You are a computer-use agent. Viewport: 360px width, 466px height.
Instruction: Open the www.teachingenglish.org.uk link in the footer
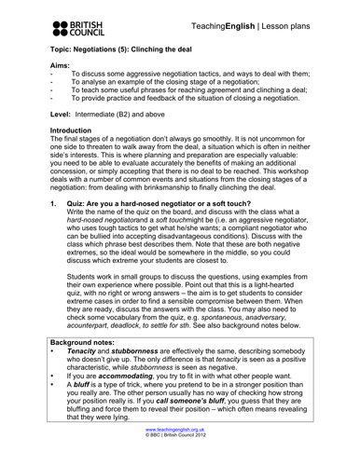[179, 452]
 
